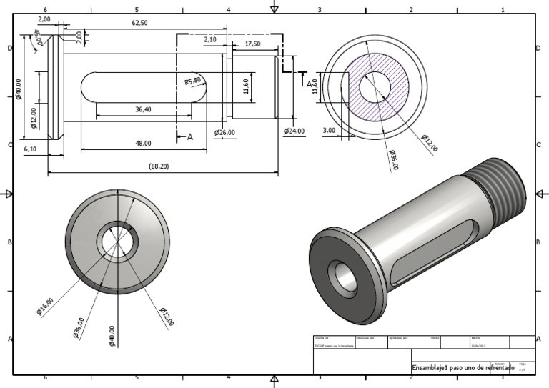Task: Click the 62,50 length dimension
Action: click(139, 23)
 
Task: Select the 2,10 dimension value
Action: click(209, 40)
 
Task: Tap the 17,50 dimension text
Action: click(252, 44)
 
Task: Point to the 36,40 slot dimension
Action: click(143, 109)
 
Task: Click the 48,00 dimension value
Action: click(143, 144)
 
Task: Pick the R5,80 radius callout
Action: click(193, 81)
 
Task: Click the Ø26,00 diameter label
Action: click(224, 132)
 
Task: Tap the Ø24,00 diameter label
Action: click(294, 131)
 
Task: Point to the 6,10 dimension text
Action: click(31, 149)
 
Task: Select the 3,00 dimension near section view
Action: click(329, 131)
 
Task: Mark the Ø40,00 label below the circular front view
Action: click(111, 334)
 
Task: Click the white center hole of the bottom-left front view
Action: click(117, 241)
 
